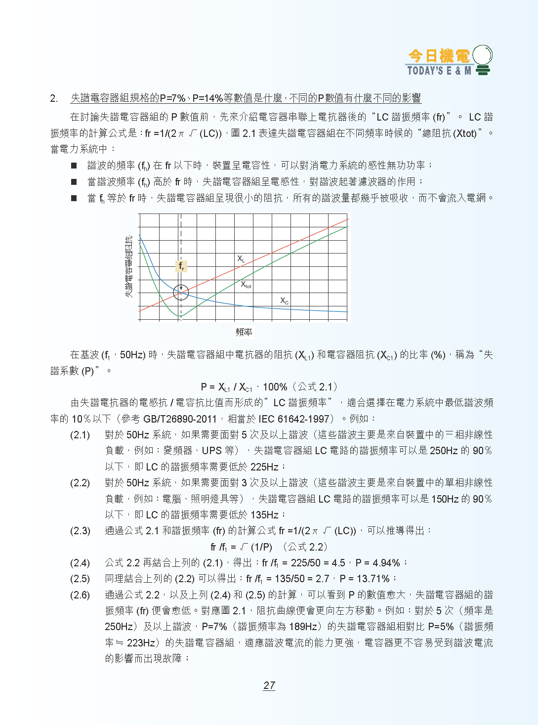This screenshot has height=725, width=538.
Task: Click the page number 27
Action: point(269,685)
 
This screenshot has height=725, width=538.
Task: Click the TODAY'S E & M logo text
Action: point(439,71)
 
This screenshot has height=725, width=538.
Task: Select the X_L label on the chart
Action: point(241,258)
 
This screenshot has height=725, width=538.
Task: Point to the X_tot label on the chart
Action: point(246,285)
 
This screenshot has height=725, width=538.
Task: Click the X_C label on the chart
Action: point(284,300)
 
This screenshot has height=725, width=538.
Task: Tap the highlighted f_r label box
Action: point(181,266)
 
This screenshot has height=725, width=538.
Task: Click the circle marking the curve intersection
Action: point(181,293)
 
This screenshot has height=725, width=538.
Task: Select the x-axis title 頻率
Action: point(244,332)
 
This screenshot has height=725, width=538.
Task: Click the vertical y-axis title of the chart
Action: point(129,266)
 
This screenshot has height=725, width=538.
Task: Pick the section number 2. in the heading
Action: point(54,98)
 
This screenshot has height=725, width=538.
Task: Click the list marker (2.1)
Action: point(80,435)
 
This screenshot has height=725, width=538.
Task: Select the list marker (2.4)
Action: point(80,563)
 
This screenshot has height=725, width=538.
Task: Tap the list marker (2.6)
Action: point(80,595)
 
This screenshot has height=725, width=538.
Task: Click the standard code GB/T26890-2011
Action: point(180,419)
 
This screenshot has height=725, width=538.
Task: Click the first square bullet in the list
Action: point(74,166)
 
